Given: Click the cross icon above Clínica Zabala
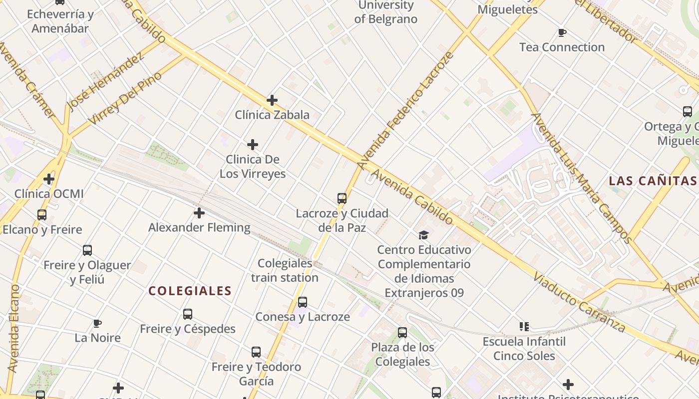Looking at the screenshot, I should (272, 100).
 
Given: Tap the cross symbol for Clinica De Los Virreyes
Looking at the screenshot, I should (253, 145).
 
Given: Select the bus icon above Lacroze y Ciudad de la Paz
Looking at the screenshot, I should (342, 199).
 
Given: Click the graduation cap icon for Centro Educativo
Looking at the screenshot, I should (423, 234).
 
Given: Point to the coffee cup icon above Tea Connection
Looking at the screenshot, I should (562, 33).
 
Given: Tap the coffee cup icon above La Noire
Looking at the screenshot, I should (97, 323).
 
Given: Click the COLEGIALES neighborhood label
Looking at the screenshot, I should (190, 291).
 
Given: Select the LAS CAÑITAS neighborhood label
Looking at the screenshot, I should (653, 181).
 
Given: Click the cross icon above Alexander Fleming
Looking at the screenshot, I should (199, 213).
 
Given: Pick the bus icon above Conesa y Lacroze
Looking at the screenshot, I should (303, 302).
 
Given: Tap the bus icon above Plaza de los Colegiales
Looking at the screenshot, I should (402, 333).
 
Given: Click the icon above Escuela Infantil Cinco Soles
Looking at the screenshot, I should (524, 327).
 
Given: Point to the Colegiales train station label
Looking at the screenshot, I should (285, 270).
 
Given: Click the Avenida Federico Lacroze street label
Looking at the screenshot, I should (405, 110).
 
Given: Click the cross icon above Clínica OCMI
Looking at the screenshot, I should (49, 179).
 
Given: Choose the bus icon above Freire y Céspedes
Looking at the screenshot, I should (188, 314).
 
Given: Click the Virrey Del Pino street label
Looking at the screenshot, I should (125, 98).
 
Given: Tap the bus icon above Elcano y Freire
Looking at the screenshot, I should (42, 215).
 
